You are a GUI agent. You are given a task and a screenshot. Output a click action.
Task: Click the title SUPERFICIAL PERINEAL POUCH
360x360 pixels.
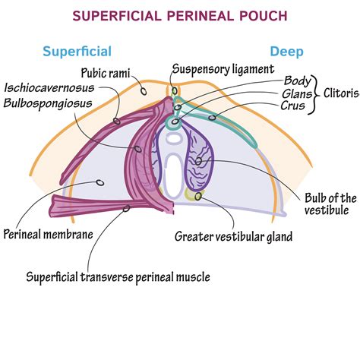pyautogui.click(x=180, y=15)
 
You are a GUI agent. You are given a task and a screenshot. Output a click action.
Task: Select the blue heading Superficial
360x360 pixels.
pyautogui.click(x=77, y=52)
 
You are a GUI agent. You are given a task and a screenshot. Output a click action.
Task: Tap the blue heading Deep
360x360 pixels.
pyautogui.click(x=287, y=52)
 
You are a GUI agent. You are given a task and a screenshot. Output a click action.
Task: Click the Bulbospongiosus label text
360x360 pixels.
pyautogui.click(x=49, y=102)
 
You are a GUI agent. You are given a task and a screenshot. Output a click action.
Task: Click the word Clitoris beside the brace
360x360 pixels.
pyautogui.click(x=337, y=93)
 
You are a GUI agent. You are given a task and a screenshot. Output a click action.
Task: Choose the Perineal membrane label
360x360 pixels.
pyautogui.click(x=49, y=234)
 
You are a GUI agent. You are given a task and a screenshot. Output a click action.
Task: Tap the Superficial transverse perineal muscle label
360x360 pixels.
pyautogui.click(x=118, y=276)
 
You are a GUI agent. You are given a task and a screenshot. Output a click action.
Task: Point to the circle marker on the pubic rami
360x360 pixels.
pyautogui.click(x=144, y=90)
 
